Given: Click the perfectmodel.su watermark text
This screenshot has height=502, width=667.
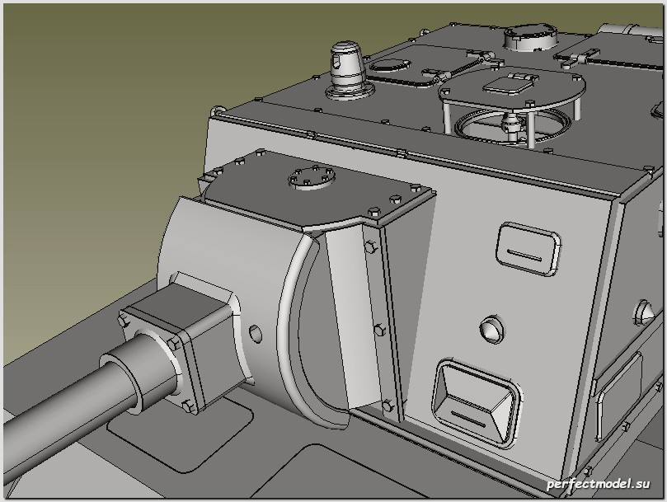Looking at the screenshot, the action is click(599, 484).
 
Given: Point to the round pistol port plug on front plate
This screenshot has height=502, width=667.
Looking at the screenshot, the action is click(491, 328).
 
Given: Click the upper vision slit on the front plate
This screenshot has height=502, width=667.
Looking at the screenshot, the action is click(528, 249).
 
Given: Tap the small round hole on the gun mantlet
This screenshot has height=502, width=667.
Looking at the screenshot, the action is click(255, 334).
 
